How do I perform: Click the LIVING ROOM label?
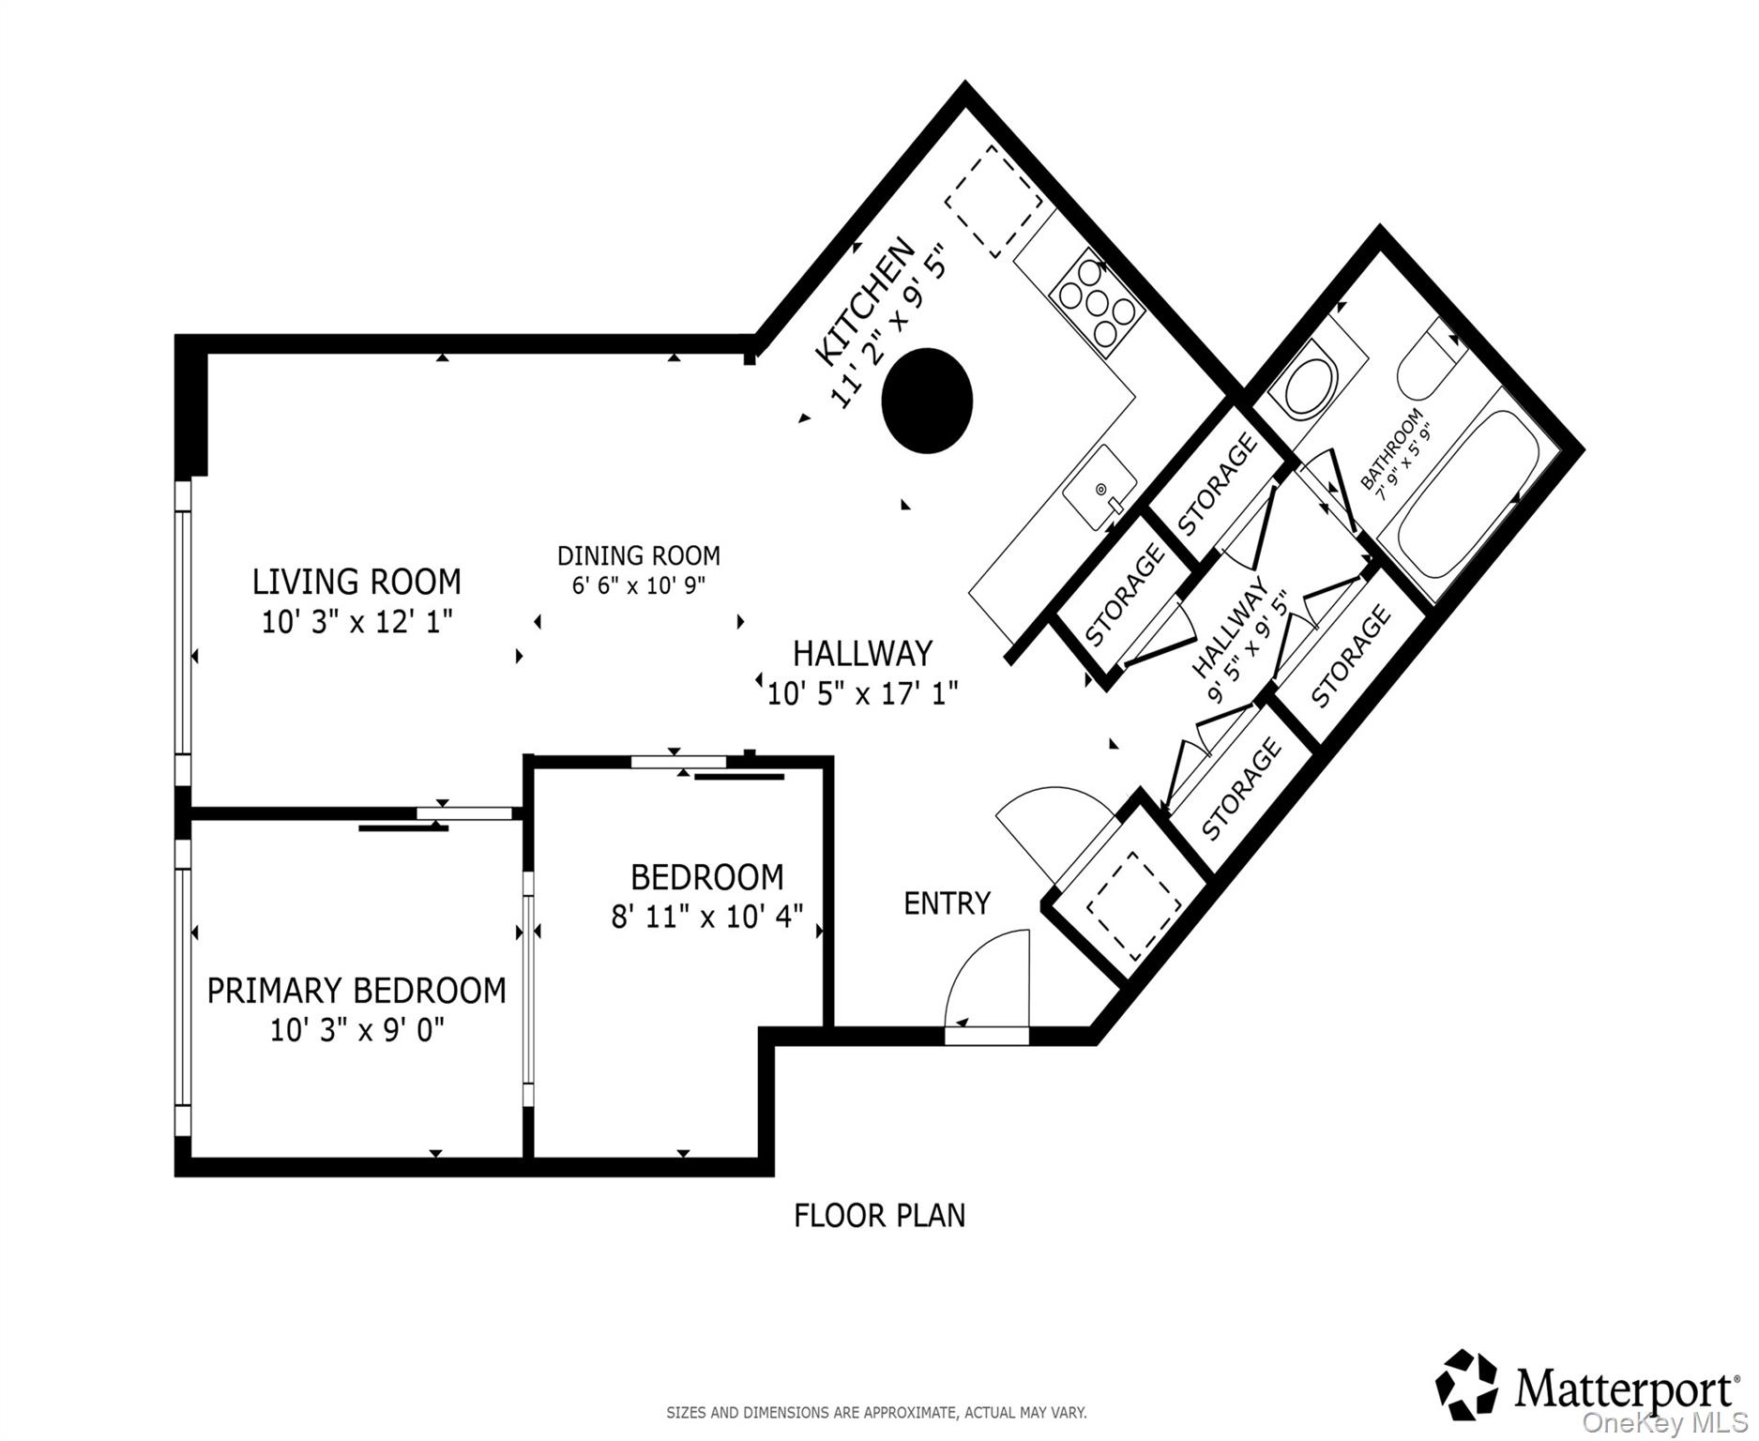(356, 582)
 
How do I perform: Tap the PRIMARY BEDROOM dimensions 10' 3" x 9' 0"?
(356, 1031)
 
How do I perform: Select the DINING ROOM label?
(638, 555)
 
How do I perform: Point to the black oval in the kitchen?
(927, 401)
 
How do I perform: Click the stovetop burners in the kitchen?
(1097, 302)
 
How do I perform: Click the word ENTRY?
(947, 903)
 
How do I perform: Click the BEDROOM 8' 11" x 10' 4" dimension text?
(706, 916)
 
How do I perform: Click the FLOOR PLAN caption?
(879, 1216)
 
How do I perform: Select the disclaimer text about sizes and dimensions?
(876, 1412)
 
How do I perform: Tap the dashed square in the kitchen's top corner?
(993, 203)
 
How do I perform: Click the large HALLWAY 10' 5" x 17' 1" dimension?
(862, 694)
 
